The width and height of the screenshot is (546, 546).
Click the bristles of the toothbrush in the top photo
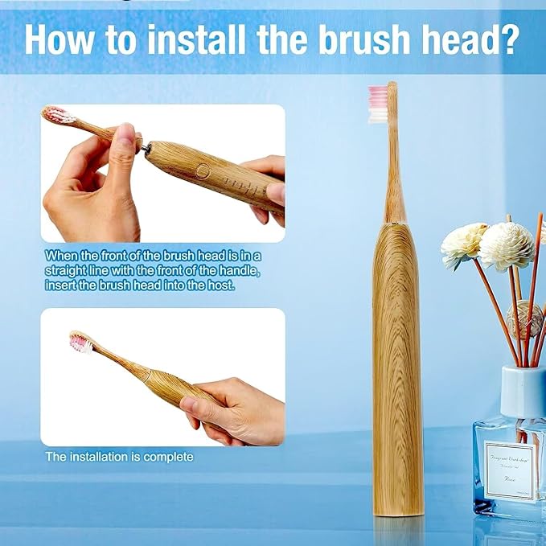55,115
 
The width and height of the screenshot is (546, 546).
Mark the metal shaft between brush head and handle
142,145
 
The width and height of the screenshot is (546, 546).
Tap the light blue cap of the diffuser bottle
522,391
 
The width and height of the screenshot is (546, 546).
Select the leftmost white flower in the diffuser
464,245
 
